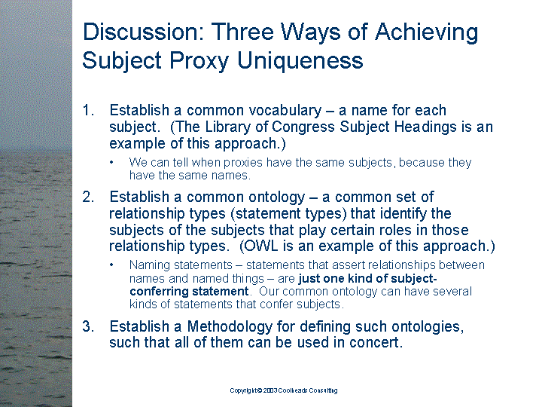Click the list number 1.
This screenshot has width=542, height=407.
click(x=88, y=110)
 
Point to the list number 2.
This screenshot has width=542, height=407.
click(x=88, y=197)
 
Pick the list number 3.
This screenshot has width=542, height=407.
click(x=88, y=326)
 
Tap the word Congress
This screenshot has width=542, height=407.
click(x=303, y=127)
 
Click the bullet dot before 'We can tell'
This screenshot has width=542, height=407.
click(x=111, y=162)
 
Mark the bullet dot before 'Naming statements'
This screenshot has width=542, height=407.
click(x=111, y=265)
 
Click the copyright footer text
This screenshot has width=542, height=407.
click(x=284, y=390)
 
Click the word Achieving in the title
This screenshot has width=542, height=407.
click(x=427, y=32)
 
